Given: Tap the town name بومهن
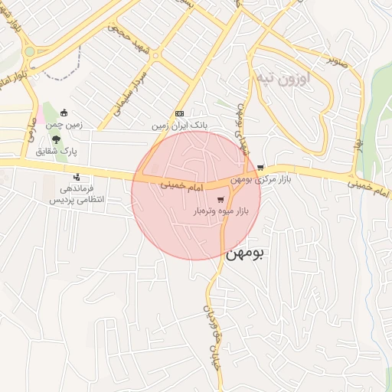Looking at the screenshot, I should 247,255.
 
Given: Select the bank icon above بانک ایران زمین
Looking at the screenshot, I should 180,113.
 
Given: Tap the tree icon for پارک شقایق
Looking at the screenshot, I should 56,139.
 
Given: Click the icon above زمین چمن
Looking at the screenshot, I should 64,113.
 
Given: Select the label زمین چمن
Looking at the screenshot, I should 64,125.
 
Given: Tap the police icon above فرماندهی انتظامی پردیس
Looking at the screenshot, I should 75,178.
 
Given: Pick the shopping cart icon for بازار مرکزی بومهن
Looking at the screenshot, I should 261,167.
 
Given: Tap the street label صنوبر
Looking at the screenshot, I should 338,59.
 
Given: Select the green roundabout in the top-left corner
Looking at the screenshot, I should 29,52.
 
